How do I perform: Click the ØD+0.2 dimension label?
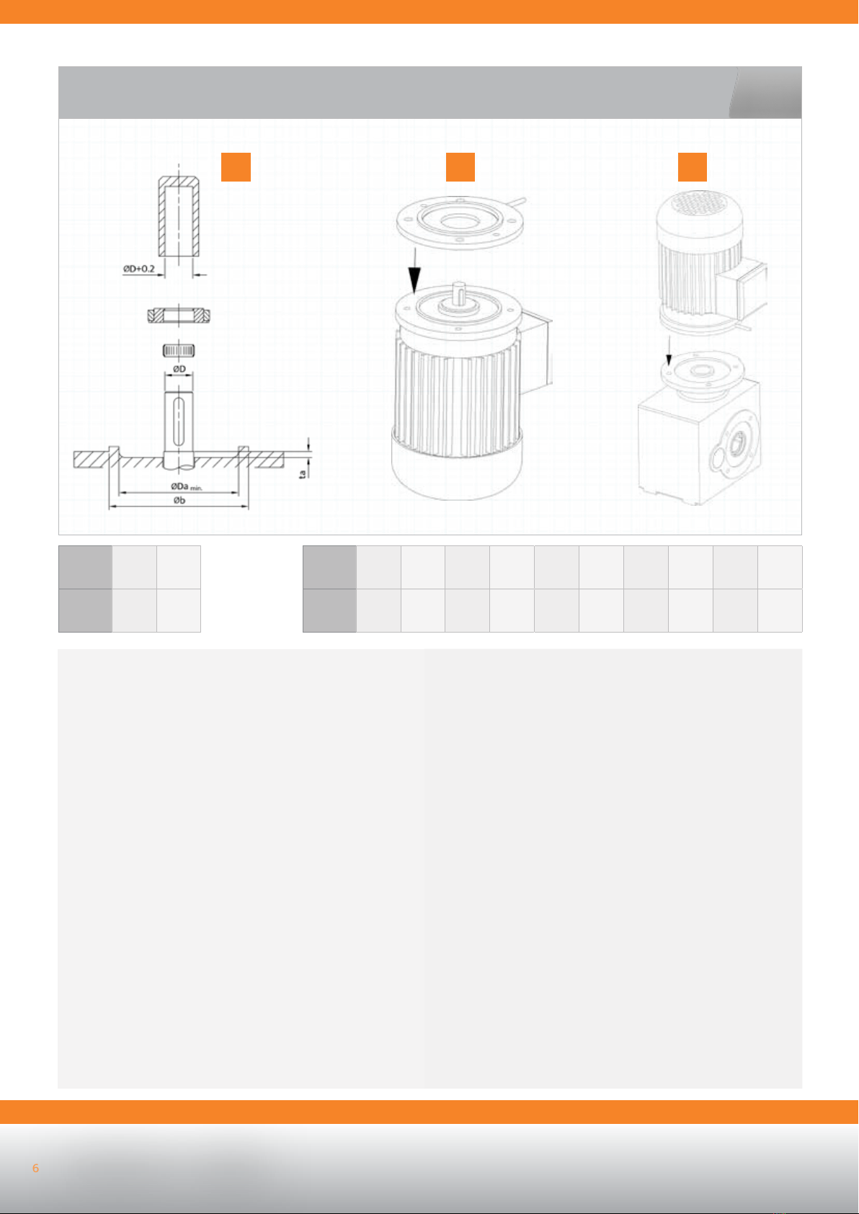(x=139, y=269)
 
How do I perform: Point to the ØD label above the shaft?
(x=179, y=369)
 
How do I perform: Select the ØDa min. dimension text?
(x=187, y=487)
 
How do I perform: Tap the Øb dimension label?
(x=179, y=500)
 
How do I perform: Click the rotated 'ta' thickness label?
(x=303, y=473)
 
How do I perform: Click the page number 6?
(x=36, y=1168)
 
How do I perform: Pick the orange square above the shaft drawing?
(x=236, y=167)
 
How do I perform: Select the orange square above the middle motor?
(x=460, y=167)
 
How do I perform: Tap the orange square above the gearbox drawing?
(x=693, y=167)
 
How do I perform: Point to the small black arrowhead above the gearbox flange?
(x=669, y=360)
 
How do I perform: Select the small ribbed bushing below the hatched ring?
(x=179, y=351)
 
